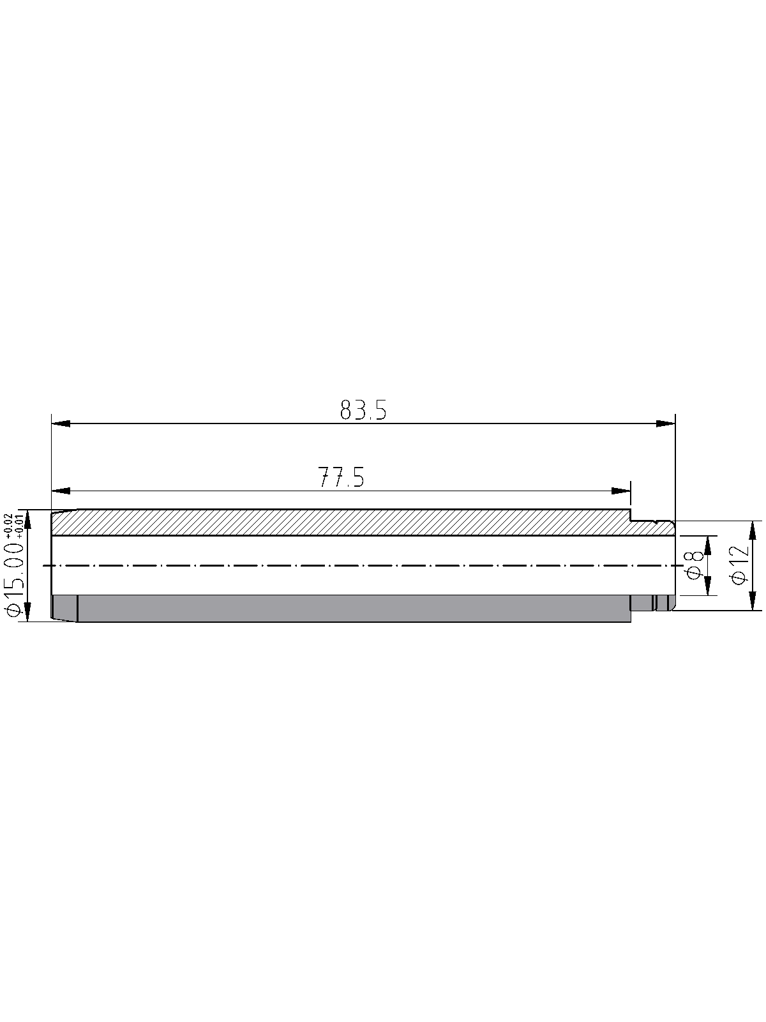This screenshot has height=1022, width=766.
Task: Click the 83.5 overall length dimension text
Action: click(363, 410)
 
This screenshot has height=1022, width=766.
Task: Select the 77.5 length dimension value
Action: click(341, 477)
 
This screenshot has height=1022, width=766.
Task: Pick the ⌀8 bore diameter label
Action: click(694, 565)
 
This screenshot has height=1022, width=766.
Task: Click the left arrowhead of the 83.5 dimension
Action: click(61, 423)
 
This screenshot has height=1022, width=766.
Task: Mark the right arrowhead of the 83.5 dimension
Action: click(666, 423)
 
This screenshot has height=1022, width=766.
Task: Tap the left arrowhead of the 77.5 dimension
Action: click(61, 491)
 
